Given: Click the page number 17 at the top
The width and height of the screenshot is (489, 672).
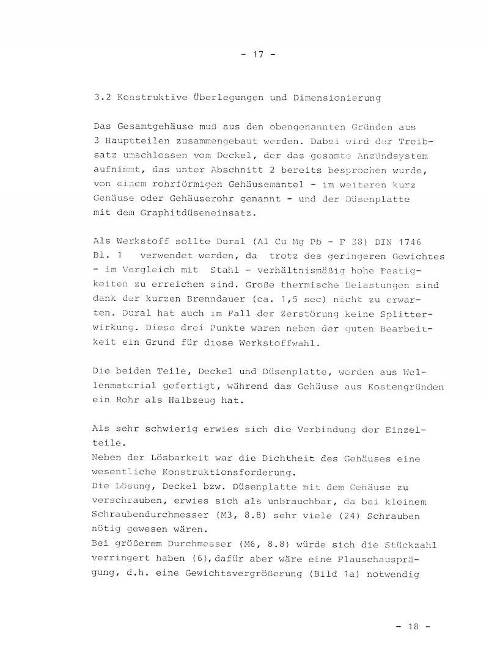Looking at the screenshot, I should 257,54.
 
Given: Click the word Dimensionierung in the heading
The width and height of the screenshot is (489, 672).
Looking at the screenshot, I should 339,97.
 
